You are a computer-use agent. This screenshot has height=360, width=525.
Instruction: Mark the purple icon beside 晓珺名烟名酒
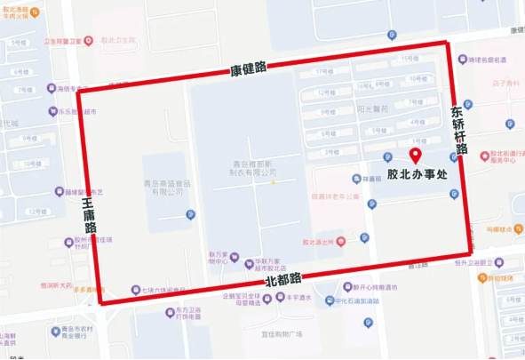(461, 60)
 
